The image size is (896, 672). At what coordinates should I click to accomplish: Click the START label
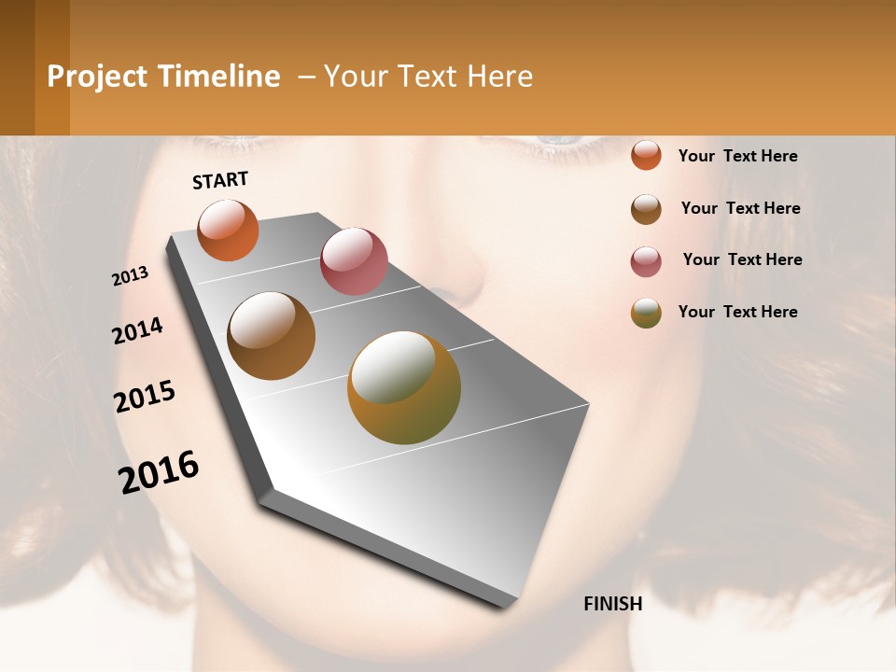(220, 180)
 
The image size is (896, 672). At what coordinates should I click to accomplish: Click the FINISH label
(613, 604)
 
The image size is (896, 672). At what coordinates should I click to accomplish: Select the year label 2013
(131, 276)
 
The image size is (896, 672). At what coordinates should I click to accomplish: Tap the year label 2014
(138, 330)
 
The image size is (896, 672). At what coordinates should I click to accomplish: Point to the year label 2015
(145, 397)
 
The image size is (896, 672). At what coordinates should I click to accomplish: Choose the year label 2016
(159, 472)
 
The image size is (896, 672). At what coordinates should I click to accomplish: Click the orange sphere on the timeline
(228, 230)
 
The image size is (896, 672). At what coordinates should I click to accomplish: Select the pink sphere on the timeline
(354, 260)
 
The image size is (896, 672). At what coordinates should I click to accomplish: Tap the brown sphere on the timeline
(272, 336)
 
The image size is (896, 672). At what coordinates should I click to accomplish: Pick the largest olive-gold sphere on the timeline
(404, 387)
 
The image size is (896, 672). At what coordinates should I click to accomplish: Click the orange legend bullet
(646, 155)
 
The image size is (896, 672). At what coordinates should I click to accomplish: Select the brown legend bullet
(646, 209)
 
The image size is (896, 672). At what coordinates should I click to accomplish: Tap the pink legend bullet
(646, 261)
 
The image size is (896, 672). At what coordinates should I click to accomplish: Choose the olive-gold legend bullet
(646, 313)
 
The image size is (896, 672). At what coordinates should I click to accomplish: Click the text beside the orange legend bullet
(738, 156)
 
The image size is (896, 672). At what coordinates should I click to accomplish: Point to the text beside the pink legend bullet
(743, 259)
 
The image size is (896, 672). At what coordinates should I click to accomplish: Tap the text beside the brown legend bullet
(741, 208)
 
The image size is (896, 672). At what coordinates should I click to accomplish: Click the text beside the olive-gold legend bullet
(738, 312)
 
